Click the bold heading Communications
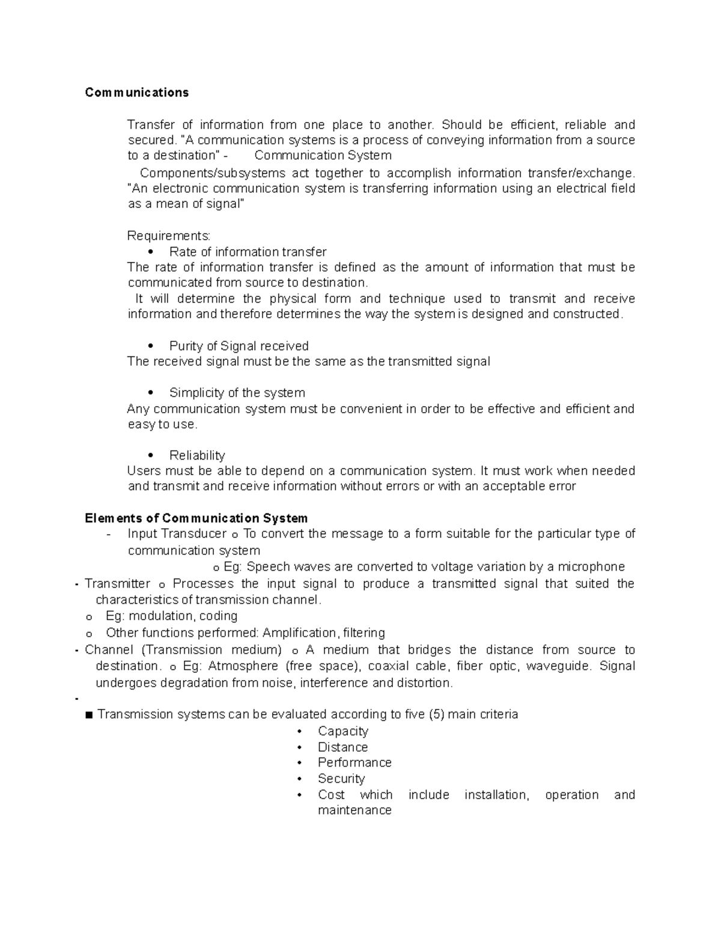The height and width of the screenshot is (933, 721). (136, 93)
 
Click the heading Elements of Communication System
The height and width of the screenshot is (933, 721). (196, 518)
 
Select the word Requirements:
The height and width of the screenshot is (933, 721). (169, 236)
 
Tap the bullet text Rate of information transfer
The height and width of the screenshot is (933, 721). (248, 252)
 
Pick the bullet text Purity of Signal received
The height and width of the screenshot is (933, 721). (239, 346)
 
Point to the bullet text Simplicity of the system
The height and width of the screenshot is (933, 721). (237, 393)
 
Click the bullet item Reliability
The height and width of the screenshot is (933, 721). (197, 455)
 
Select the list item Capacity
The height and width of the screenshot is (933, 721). (342, 731)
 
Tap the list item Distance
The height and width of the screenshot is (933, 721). (342, 747)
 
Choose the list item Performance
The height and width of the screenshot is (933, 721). (354, 762)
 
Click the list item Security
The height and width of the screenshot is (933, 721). (341, 779)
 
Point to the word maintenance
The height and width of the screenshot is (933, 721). (354, 810)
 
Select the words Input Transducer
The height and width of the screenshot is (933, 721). (177, 534)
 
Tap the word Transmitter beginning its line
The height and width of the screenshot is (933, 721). (117, 584)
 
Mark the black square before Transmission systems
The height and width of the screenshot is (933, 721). (90, 715)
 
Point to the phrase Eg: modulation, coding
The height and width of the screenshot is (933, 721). (171, 616)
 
